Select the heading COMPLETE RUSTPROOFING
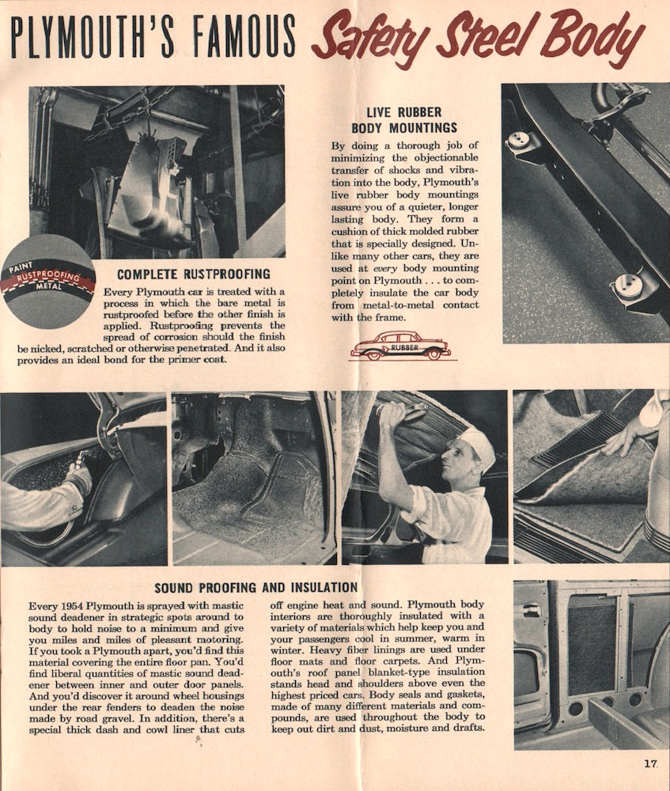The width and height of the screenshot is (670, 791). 194,274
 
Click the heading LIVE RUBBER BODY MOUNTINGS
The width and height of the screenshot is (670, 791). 404,119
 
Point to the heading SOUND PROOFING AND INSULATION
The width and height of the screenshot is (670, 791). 256,587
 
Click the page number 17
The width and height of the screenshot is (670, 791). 650,763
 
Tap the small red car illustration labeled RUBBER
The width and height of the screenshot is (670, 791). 400,346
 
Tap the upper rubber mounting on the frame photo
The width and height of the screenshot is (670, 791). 519,141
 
